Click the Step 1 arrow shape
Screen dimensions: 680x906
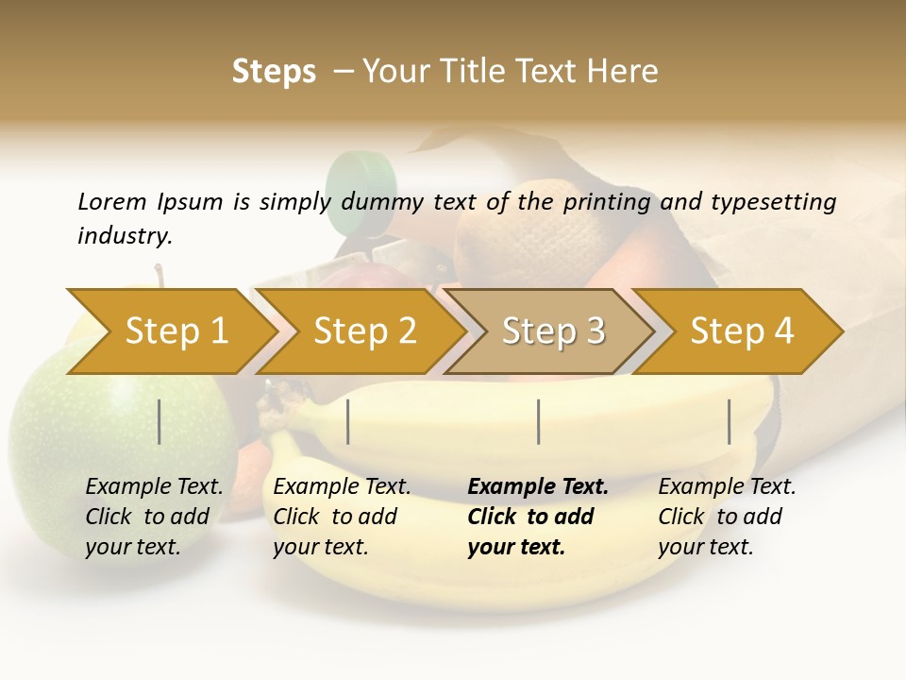(x=176, y=331)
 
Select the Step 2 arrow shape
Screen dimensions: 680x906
(x=365, y=331)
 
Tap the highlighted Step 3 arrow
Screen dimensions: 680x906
(x=553, y=331)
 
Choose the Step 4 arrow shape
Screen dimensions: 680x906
(x=742, y=331)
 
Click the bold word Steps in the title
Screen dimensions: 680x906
(x=274, y=72)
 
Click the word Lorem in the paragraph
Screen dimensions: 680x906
(x=112, y=201)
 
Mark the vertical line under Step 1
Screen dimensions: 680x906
(x=159, y=421)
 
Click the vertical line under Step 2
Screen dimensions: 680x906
(x=348, y=421)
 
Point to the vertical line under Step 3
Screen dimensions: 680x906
(x=538, y=421)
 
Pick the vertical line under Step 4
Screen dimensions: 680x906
(x=729, y=421)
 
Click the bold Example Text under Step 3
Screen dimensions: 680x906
(x=538, y=487)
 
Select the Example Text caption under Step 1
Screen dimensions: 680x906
(x=154, y=487)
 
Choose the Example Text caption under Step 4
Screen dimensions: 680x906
(x=727, y=487)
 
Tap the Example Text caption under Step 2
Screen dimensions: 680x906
(x=342, y=487)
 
